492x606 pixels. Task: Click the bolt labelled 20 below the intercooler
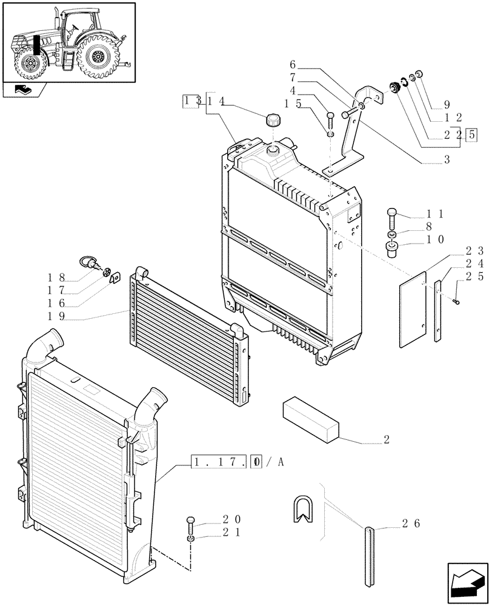point(191,521)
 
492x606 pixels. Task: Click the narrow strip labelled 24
point(438,309)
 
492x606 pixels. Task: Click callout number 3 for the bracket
point(447,160)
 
